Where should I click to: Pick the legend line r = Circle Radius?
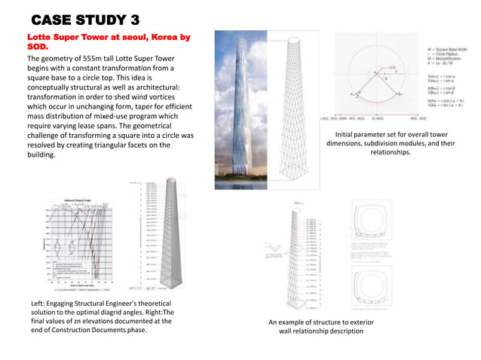[440, 55]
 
